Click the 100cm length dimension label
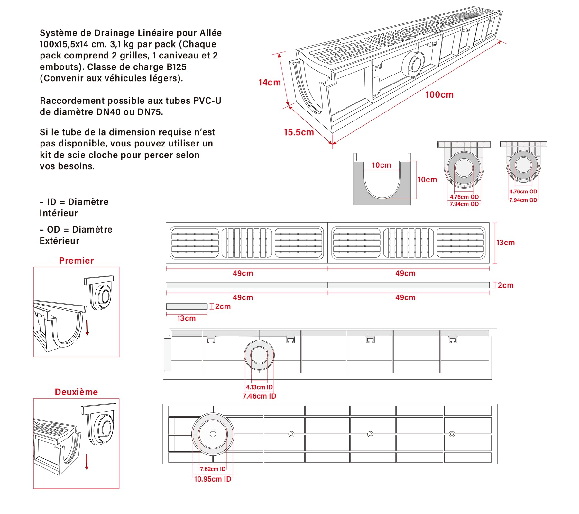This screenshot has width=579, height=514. point(439,95)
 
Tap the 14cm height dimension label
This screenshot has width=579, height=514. point(270,83)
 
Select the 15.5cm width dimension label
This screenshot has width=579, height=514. point(299,132)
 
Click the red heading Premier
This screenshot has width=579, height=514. point(76,261)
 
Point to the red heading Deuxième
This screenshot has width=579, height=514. point(76,392)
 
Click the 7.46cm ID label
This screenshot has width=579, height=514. point(259,396)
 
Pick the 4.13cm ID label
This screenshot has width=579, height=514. point(259,387)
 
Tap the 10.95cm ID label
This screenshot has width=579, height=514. point(213,479)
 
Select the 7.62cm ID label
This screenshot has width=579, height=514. point(213,469)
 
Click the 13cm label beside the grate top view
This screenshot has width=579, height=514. point(505,243)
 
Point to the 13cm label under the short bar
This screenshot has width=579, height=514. point(186,319)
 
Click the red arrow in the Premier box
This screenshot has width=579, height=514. point(87,328)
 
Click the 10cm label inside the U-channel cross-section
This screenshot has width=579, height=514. point(381,165)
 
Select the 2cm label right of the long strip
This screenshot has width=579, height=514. point(506,285)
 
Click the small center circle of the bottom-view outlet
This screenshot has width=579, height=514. point(213,434)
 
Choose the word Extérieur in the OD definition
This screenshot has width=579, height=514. point(60,241)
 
